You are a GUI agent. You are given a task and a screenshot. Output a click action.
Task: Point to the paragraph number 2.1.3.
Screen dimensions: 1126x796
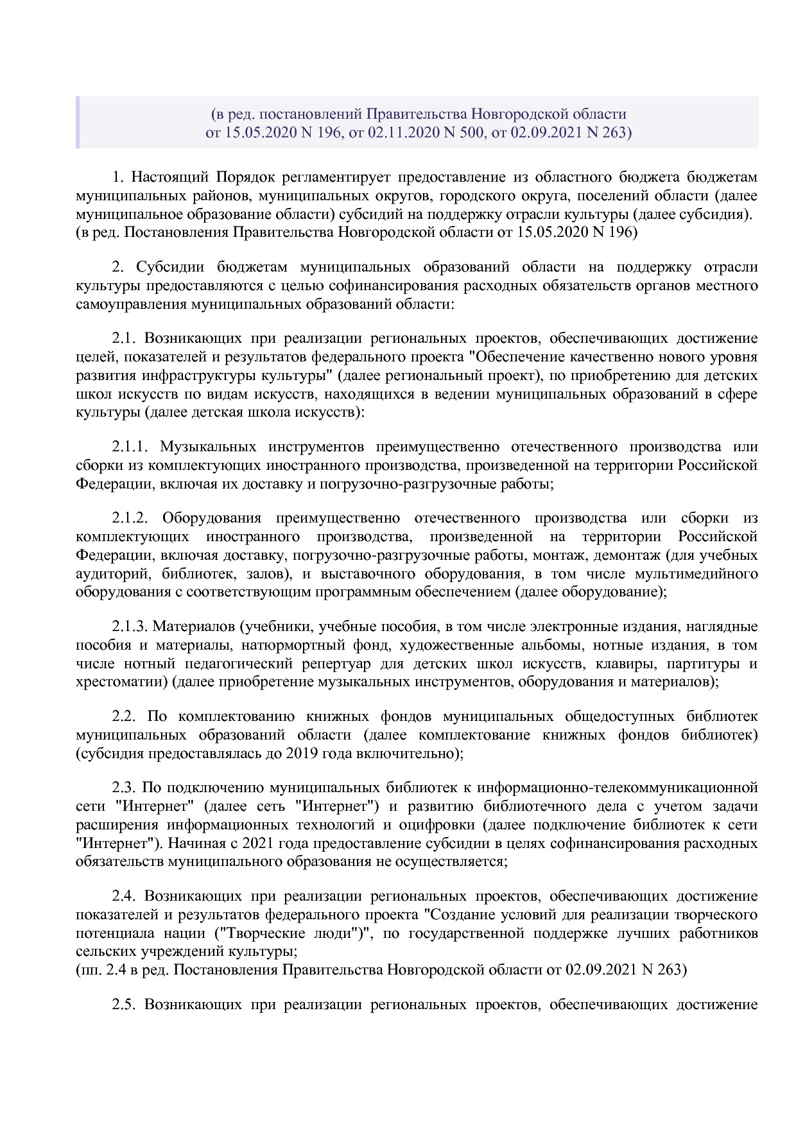point(130,627)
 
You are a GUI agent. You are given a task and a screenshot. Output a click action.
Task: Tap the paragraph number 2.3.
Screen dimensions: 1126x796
point(124,788)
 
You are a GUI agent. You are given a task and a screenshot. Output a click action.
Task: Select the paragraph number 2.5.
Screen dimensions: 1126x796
point(124,1005)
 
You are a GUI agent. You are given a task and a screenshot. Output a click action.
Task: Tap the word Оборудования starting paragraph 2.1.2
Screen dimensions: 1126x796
point(212,518)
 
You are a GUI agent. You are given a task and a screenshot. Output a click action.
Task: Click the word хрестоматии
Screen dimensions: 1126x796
point(121,682)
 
